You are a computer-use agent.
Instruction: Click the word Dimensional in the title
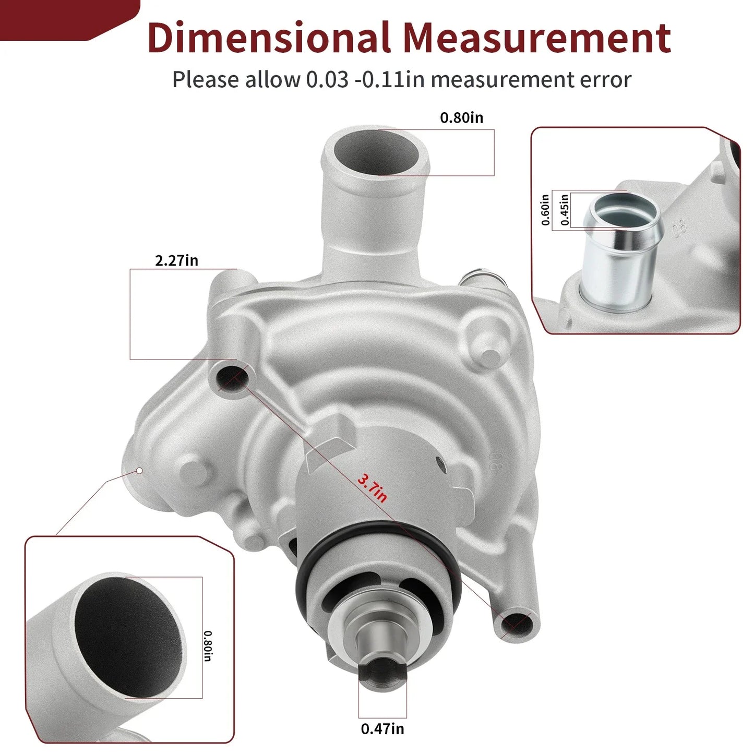point(269,38)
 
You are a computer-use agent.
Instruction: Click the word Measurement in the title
point(537,38)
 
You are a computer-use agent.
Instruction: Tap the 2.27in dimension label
point(176,260)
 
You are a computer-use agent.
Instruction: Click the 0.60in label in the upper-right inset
point(545,210)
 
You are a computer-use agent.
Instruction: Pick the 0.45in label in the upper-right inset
point(565,210)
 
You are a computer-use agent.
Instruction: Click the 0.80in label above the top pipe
point(461,117)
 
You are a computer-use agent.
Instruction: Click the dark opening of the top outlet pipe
point(376,151)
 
